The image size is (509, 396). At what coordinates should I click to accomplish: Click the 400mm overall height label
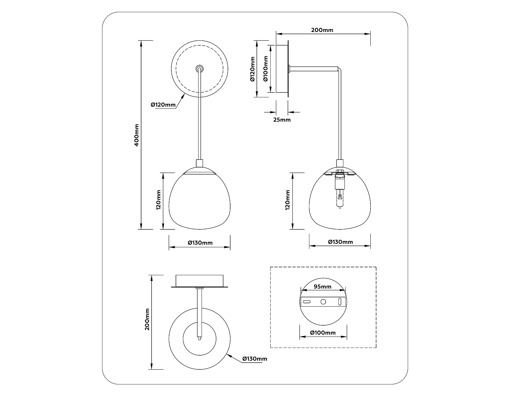137,135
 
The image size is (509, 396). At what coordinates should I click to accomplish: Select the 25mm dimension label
282,120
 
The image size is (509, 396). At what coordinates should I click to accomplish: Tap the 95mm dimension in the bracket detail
323,287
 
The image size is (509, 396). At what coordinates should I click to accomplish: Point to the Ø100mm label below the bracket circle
323,333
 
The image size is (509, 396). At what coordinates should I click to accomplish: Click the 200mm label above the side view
322,30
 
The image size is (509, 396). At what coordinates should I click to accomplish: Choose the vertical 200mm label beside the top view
147,319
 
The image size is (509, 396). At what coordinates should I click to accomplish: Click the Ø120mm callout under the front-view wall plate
163,105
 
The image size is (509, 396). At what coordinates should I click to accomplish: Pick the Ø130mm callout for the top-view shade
255,359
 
